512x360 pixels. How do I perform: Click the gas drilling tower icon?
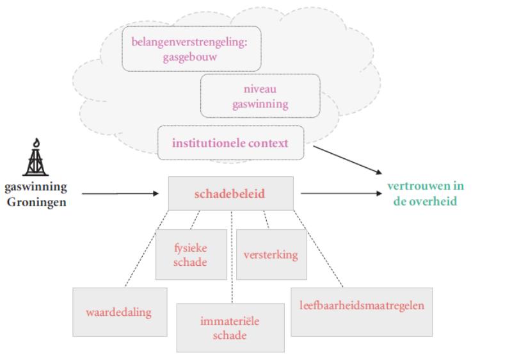(x=35, y=159)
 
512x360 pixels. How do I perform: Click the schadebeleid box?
(x=230, y=193)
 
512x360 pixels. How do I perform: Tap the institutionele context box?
(x=230, y=143)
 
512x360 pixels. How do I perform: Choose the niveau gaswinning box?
(x=260, y=96)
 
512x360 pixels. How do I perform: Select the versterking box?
(x=271, y=254)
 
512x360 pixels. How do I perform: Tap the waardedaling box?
(x=120, y=312)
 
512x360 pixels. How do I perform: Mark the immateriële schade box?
(x=230, y=327)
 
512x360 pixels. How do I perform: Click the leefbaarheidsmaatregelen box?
(x=362, y=306)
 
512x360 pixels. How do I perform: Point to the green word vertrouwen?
(x=425, y=186)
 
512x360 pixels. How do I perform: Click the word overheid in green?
(x=438, y=200)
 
